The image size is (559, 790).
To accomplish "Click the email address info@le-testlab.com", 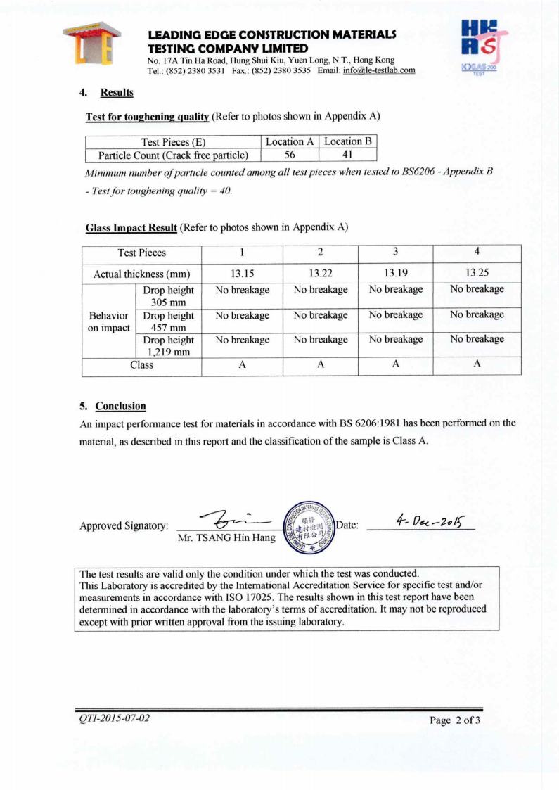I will [x=379, y=70].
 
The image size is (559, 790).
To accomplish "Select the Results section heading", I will [x=117, y=93].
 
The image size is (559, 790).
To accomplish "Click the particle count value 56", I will [x=290, y=155].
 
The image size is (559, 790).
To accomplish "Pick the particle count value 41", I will [x=347, y=155].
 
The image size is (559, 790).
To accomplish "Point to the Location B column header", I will [x=347, y=141].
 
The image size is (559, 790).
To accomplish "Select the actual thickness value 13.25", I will [x=477, y=273].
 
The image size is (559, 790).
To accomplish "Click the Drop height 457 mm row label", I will [x=168, y=321].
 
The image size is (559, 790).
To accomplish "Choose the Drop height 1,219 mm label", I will [x=168, y=346].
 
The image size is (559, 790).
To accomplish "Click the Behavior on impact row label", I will [x=108, y=321].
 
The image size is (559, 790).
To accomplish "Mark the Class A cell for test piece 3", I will [x=395, y=364].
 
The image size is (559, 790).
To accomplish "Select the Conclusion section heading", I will [x=120, y=406].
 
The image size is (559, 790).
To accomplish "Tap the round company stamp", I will [x=307, y=525].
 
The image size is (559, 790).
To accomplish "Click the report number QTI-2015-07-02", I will [x=113, y=718].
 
